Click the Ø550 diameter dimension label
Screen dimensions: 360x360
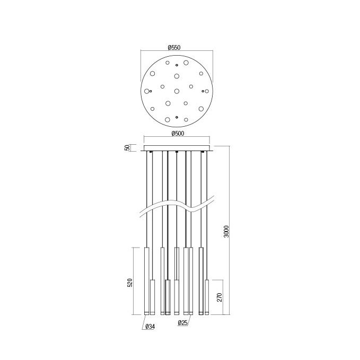[174, 48]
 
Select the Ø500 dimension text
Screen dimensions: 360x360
[178, 134]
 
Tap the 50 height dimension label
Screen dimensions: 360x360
[127, 147]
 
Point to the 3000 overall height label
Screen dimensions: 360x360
[226, 231]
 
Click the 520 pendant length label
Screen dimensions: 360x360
[130, 283]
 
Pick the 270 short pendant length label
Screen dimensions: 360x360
[219, 297]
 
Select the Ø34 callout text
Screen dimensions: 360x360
[151, 327]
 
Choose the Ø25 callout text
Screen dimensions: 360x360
[183, 323]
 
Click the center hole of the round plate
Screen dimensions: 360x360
[177, 91]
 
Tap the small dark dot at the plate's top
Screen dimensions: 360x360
[177, 65]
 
